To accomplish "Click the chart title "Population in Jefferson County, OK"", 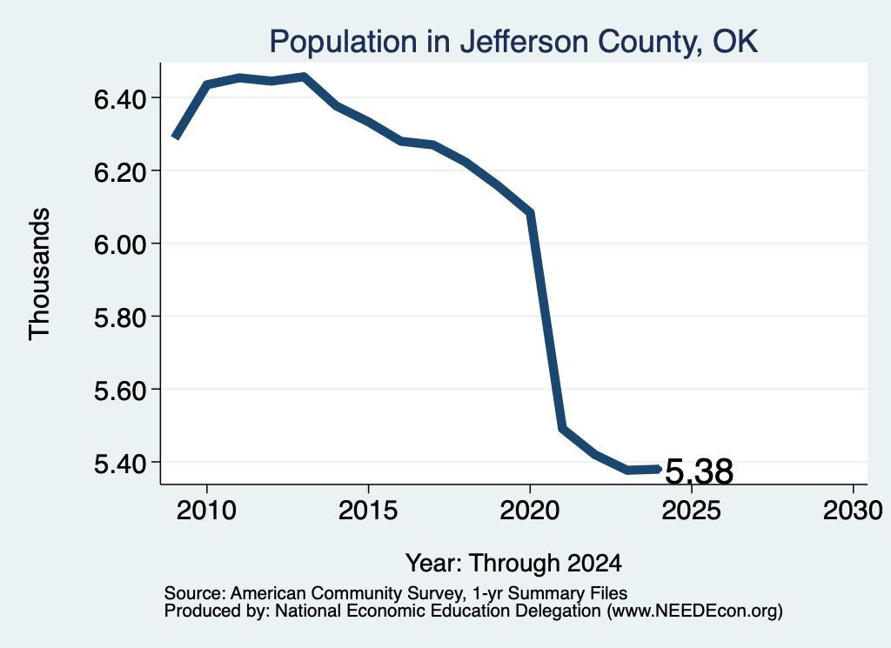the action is tap(513, 42).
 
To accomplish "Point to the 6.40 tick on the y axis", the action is tap(121, 99).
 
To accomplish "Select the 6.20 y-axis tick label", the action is tap(121, 171).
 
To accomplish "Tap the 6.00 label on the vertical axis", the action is tap(121, 244).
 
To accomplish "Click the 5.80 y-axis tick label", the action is tap(121, 317).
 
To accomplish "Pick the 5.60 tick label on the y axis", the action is tap(121, 391).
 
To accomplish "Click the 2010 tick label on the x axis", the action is tap(206, 510).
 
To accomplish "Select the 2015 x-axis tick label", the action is tap(368, 510).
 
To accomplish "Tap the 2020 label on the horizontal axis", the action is tap(530, 510).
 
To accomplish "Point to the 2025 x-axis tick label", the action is tap(691, 510).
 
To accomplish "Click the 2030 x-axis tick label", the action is tap(853, 510).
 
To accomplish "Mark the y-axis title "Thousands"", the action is tap(40, 274).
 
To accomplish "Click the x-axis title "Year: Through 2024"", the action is tap(513, 564).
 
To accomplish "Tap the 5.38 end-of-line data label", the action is tap(699, 472).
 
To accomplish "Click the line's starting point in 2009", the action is tap(176, 137).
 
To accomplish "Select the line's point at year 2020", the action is tap(530, 212).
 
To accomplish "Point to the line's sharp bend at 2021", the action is tap(562, 428).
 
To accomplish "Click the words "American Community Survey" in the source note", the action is tap(346, 593).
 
